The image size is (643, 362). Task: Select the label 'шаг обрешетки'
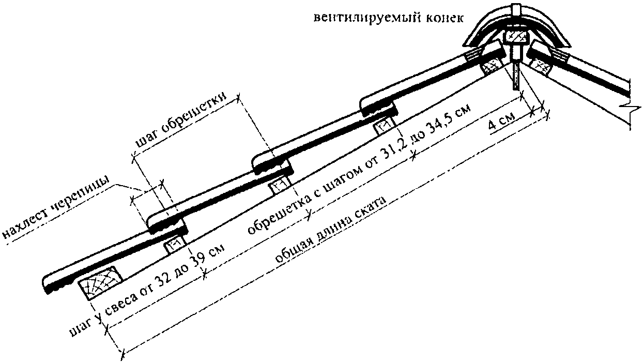(181, 120)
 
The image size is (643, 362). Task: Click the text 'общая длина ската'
(330, 230)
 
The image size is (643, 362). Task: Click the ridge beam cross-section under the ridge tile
(516, 37)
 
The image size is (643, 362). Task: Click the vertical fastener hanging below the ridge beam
(516, 76)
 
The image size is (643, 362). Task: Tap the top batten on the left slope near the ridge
(491, 68)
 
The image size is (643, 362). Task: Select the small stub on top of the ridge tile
(516, 9)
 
